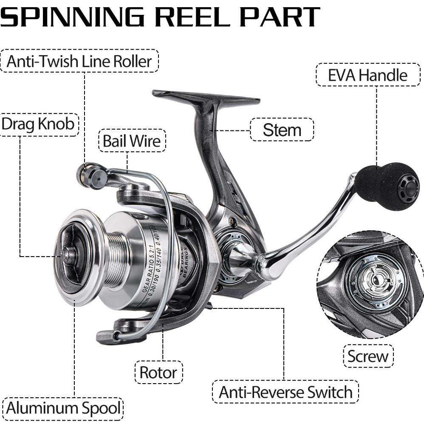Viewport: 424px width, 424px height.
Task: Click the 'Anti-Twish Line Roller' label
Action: (79, 62)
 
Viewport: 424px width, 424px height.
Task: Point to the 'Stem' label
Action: (282, 130)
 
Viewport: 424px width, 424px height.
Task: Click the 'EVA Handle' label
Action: (367, 75)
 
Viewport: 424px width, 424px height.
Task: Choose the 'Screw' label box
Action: (368, 356)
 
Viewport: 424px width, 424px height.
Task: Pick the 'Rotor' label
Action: (158, 373)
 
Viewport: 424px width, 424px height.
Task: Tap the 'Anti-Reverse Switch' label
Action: (285, 392)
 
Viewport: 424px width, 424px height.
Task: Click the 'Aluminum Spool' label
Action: (63, 409)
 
